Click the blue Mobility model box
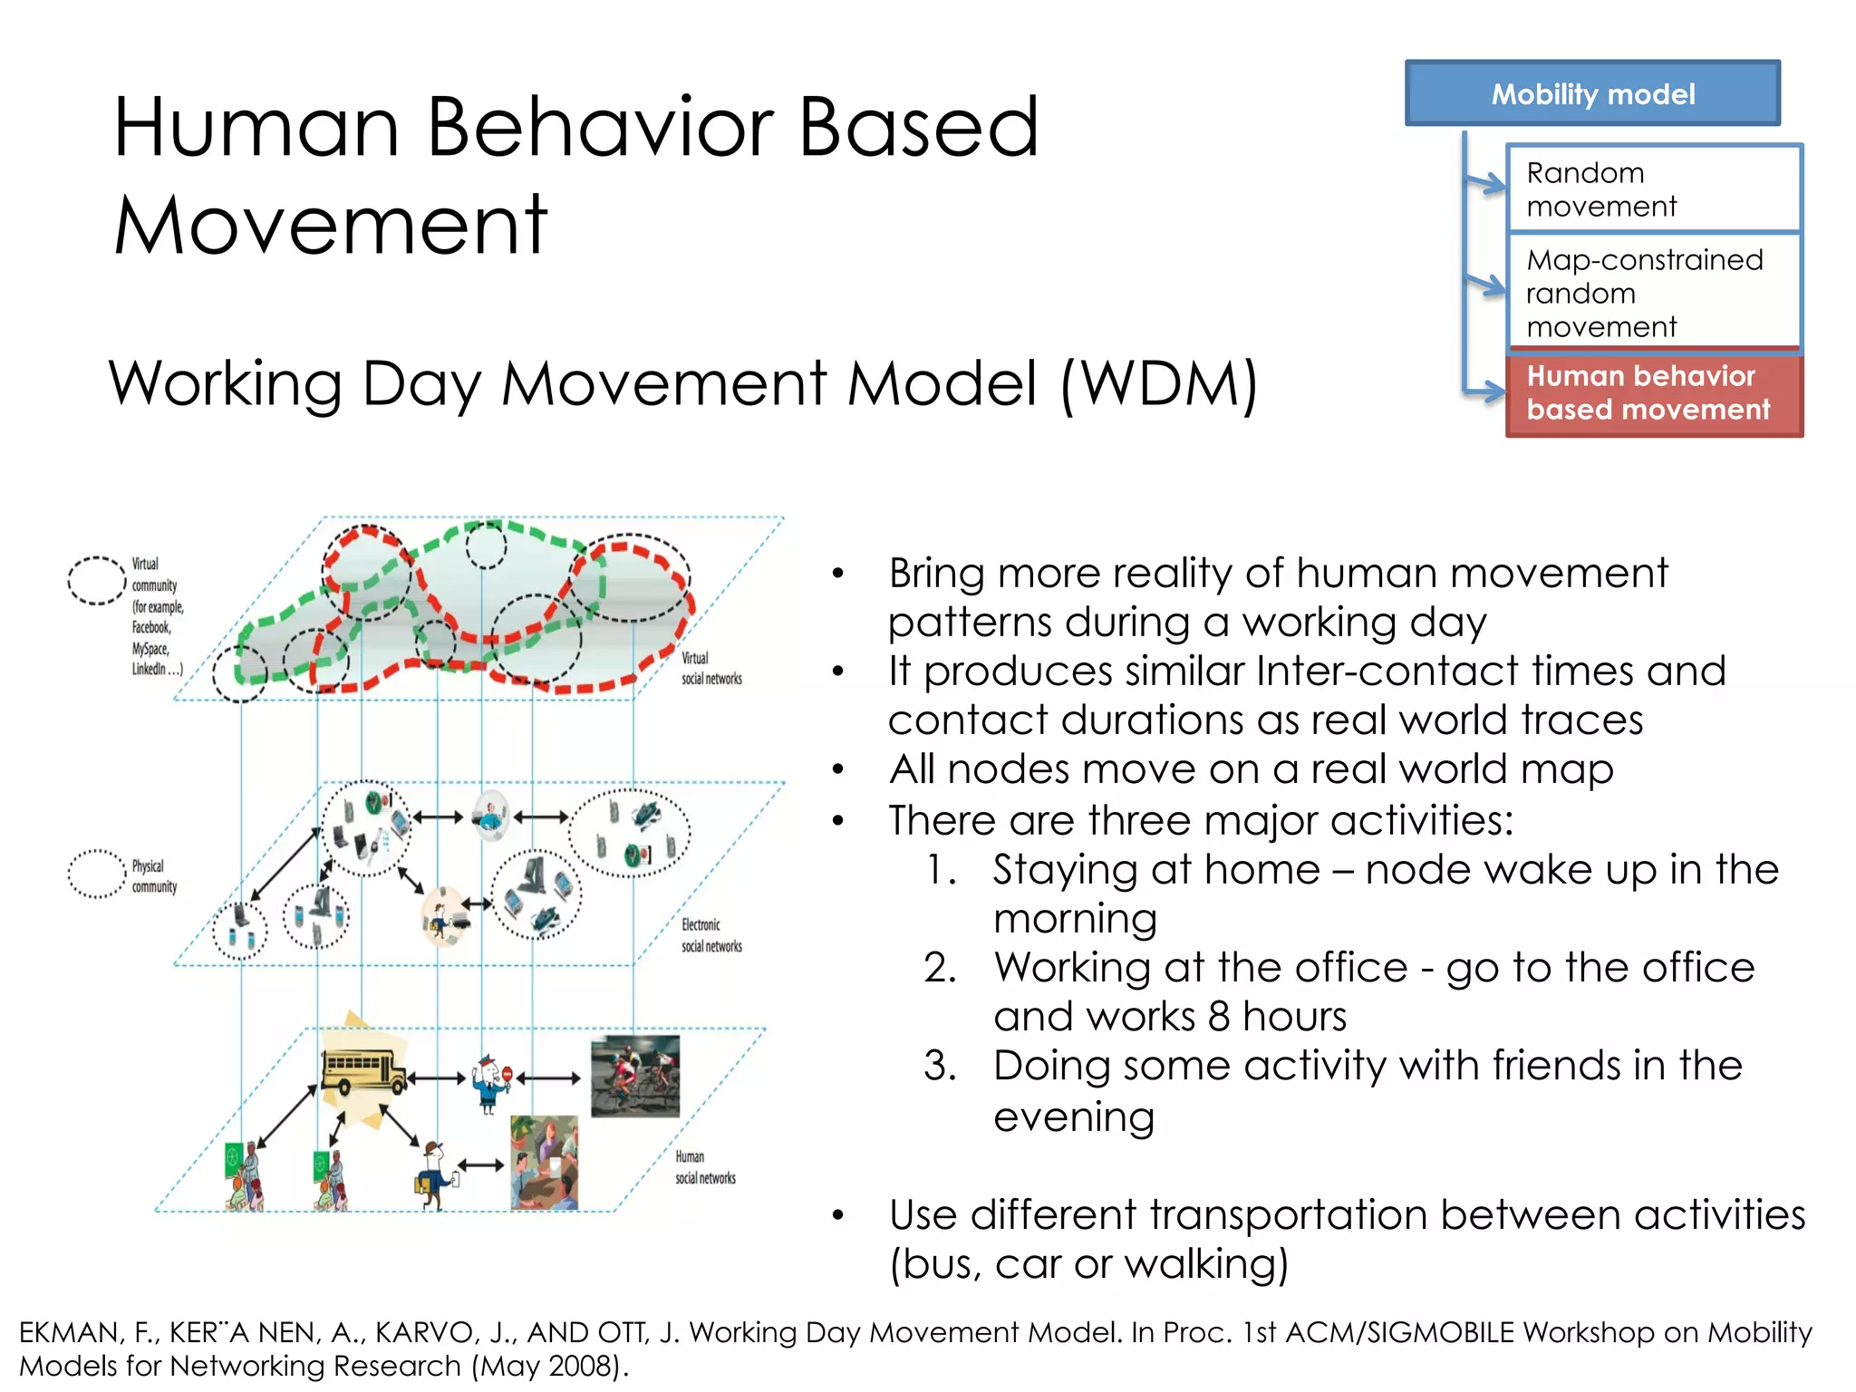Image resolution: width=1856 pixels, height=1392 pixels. (x=1592, y=93)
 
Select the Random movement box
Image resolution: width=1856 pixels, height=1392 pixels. (x=1653, y=188)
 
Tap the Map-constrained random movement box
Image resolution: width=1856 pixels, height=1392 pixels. (x=1653, y=293)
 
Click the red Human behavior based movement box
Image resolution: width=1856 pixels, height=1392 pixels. (x=1653, y=393)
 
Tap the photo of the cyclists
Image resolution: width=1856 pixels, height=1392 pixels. (x=634, y=1076)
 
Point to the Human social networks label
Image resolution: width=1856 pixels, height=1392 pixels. (x=704, y=1167)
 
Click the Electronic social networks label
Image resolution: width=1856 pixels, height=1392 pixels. (x=710, y=935)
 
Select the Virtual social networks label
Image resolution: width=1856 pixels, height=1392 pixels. (x=710, y=668)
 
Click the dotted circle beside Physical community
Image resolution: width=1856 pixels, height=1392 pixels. (x=97, y=874)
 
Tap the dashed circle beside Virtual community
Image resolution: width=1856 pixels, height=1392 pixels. (x=97, y=580)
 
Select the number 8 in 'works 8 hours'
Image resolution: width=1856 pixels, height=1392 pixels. (x=1218, y=1017)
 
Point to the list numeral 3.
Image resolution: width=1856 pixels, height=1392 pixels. (x=940, y=1066)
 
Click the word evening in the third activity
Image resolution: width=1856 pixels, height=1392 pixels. (x=1074, y=1116)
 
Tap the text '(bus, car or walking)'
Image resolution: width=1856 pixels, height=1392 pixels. (x=1088, y=1263)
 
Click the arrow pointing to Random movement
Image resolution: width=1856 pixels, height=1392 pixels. (x=1485, y=183)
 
